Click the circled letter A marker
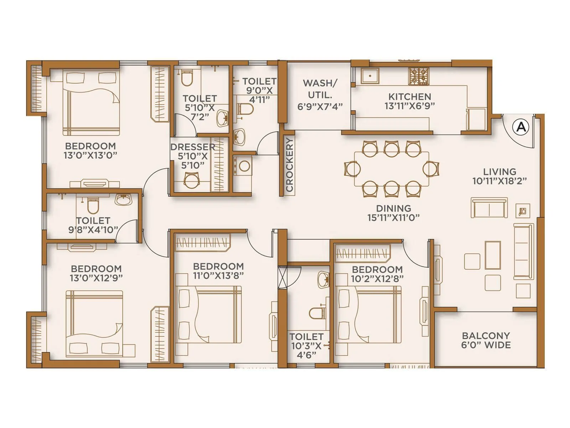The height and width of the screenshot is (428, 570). [x=521, y=127]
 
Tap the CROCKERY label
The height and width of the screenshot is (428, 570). [x=289, y=165]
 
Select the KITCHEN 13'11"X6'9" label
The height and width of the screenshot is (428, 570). [x=409, y=101]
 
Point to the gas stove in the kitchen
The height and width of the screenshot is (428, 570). [x=419, y=76]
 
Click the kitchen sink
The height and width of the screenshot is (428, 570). [x=370, y=76]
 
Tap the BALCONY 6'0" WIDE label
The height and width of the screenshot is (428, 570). [x=486, y=340]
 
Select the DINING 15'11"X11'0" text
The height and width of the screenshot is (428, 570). [x=393, y=213]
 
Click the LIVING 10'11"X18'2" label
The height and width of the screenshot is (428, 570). [x=499, y=176]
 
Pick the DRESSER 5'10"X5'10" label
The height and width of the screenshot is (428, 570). [x=193, y=156]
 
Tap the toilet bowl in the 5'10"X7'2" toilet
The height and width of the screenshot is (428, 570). [x=187, y=78]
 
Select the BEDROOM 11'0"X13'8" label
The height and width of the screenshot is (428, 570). [x=218, y=271]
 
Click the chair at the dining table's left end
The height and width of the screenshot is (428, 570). [x=352, y=169]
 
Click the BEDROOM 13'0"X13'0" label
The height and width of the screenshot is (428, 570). [x=90, y=151]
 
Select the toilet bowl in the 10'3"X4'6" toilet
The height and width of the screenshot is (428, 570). [x=316, y=313]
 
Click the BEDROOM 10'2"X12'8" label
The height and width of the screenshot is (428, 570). [x=377, y=274]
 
